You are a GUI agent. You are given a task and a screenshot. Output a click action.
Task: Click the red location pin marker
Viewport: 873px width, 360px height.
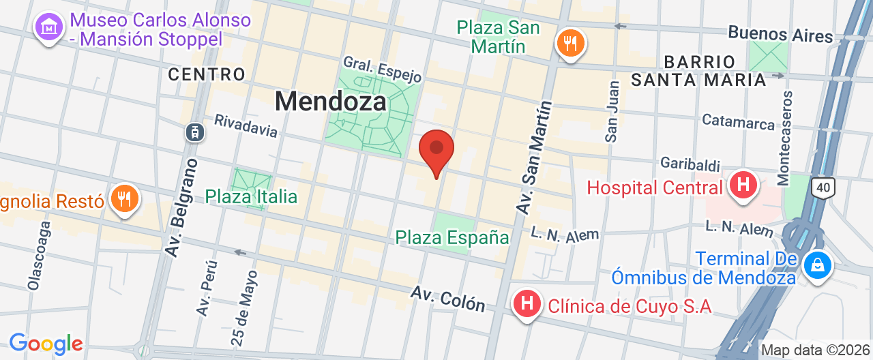tap(436, 151)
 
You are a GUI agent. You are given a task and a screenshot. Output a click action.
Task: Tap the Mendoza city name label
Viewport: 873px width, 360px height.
tap(331, 102)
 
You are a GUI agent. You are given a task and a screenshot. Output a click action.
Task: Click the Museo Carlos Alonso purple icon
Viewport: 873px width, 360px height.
tap(49, 27)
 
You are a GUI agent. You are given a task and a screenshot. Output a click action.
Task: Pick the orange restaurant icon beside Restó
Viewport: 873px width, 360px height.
tap(124, 198)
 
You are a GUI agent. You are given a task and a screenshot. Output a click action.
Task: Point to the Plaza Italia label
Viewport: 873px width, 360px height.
tap(251, 197)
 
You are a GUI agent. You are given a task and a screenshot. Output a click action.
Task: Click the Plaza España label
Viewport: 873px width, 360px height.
tap(453, 237)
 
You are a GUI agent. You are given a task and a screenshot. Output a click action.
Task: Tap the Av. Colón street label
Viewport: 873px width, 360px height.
tap(447, 299)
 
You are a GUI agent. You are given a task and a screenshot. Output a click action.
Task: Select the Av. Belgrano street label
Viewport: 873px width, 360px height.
tap(181, 207)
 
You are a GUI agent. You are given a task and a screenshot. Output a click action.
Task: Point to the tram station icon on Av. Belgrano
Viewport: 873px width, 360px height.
tap(196, 132)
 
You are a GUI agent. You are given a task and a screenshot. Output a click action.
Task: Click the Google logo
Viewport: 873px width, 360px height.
tap(46, 343)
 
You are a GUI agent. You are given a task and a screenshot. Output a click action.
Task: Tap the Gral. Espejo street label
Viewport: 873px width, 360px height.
tap(382, 68)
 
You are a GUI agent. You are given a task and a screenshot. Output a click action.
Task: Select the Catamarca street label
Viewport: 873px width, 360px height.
tap(739, 122)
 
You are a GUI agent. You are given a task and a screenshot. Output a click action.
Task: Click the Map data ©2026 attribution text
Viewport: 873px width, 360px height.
tap(816, 350)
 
